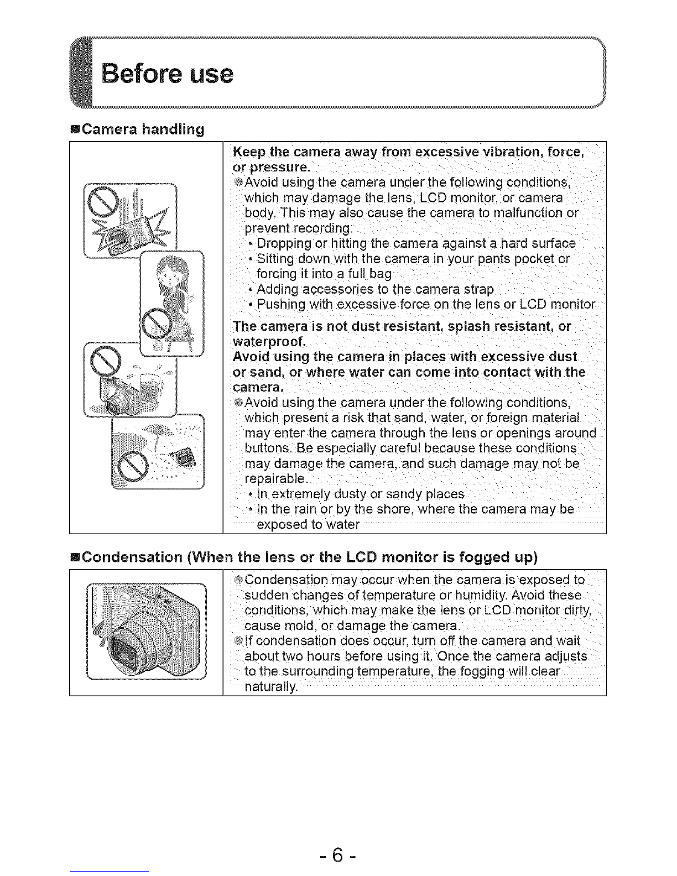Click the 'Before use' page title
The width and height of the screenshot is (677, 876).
coord(168,74)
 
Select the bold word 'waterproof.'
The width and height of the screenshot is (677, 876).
coord(269,342)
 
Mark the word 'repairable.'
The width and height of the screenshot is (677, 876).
coord(277,479)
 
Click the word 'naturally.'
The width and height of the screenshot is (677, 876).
coord(271,687)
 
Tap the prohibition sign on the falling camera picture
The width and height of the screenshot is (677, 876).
coord(102,202)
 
